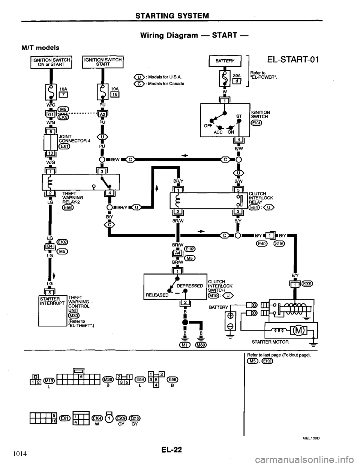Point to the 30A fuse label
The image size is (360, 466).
point(237,75)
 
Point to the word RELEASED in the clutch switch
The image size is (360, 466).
point(154,295)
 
